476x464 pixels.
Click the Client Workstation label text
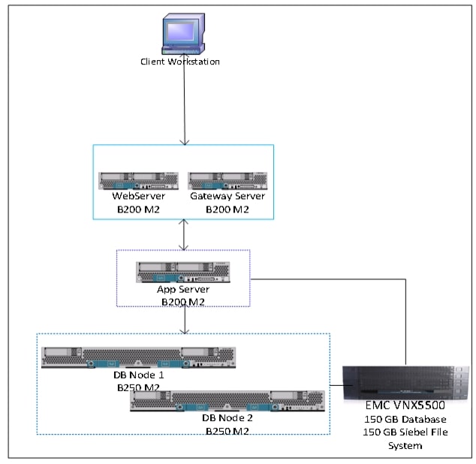181,62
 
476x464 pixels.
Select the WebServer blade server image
138,180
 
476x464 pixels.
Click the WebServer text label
138,196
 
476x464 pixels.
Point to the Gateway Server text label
227,196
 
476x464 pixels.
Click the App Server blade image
183,272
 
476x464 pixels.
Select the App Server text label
183,289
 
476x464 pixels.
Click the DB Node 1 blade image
139,357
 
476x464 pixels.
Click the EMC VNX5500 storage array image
405,383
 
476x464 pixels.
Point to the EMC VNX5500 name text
405,407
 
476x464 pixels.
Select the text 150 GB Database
405,419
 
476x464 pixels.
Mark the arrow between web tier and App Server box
183,234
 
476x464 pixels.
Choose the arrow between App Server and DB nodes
183,320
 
